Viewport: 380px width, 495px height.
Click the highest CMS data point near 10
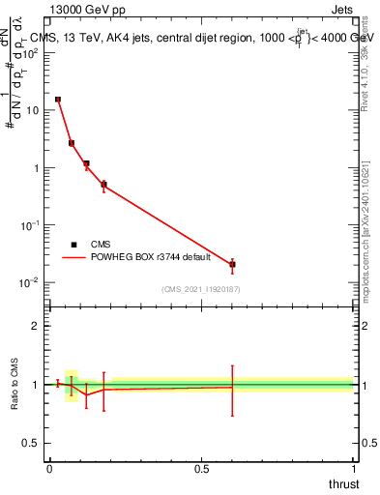(x=58, y=99)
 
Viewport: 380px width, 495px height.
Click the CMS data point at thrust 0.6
(x=232, y=264)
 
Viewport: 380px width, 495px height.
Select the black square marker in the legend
(x=73, y=245)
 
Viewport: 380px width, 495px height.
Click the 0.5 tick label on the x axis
(x=201, y=469)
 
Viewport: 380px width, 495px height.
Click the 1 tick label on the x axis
(x=353, y=469)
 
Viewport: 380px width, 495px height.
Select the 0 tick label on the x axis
(x=49, y=469)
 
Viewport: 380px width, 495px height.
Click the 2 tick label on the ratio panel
(x=36, y=327)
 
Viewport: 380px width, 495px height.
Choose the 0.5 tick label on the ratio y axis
(x=32, y=443)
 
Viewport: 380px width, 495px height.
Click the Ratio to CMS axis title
(x=15, y=385)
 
